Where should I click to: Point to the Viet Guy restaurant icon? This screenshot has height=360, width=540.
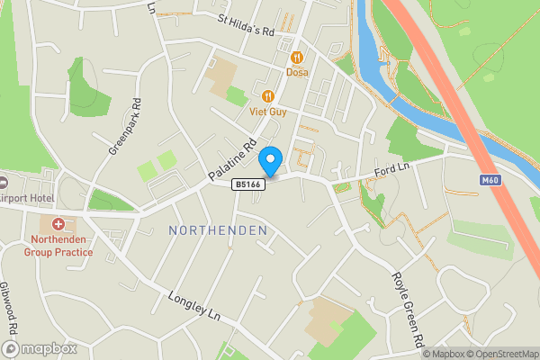point(267,96)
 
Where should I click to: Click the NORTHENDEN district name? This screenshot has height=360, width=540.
point(218,231)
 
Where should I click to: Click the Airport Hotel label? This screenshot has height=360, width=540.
point(27,198)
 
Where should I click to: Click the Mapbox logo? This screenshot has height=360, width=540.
point(40,348)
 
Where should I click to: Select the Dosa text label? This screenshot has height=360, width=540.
point(298,73)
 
